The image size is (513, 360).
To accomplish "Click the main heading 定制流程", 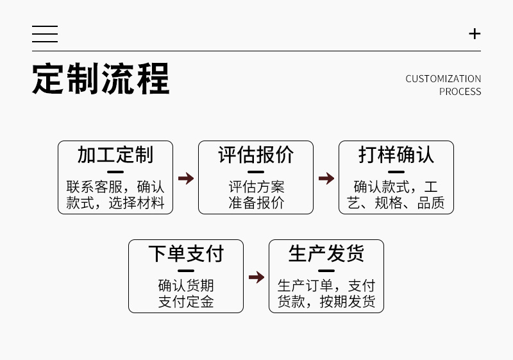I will pyautogui.click(x=101, y=79).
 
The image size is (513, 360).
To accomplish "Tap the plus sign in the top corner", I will pyautogui.click(x=475, y=34).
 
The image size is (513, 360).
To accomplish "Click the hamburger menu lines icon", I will pyautogui.click(x=45, y=34).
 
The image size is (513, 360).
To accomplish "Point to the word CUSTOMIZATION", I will pyautogui.click(x=443, y=79).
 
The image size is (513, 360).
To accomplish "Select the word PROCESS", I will pyautogui.click(x=460, y=92).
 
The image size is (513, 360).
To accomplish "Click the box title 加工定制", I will pyautogui.click(x=115, y=155).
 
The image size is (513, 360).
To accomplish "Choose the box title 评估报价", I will pyautogui.click(x=256, y=155).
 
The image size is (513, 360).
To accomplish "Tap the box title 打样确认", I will pyautogui.click(x=396, y=155).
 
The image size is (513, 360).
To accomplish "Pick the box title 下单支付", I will pyautogui.click(x=186, y=254).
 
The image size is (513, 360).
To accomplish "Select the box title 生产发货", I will pyautogui.click(x=326, y=254).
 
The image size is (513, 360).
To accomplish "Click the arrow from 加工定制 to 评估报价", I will pyautogui.click(x=186, y=178).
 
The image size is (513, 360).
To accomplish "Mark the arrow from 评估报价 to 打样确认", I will pyautogui.click(x=326, y=178).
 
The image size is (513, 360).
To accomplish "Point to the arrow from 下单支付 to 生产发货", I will pyautogui.click(x=256, y=277).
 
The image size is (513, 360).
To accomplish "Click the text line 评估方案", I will pyautogui.click(x=256, y=187).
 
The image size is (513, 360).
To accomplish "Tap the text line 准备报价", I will pyautogui.click(x=256, y=203).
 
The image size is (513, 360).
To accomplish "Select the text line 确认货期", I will pyautogui.click(x=186, y=286).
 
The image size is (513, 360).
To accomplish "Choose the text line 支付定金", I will pyautogui.click(x=186, y=302).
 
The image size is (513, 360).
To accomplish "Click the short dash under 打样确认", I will pyautogui.click(x=396, y=172).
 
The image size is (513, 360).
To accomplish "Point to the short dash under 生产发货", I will pyautogui.click(x=326, y=271).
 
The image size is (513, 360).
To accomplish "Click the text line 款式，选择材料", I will pyautogui.click(x=115, y=203).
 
